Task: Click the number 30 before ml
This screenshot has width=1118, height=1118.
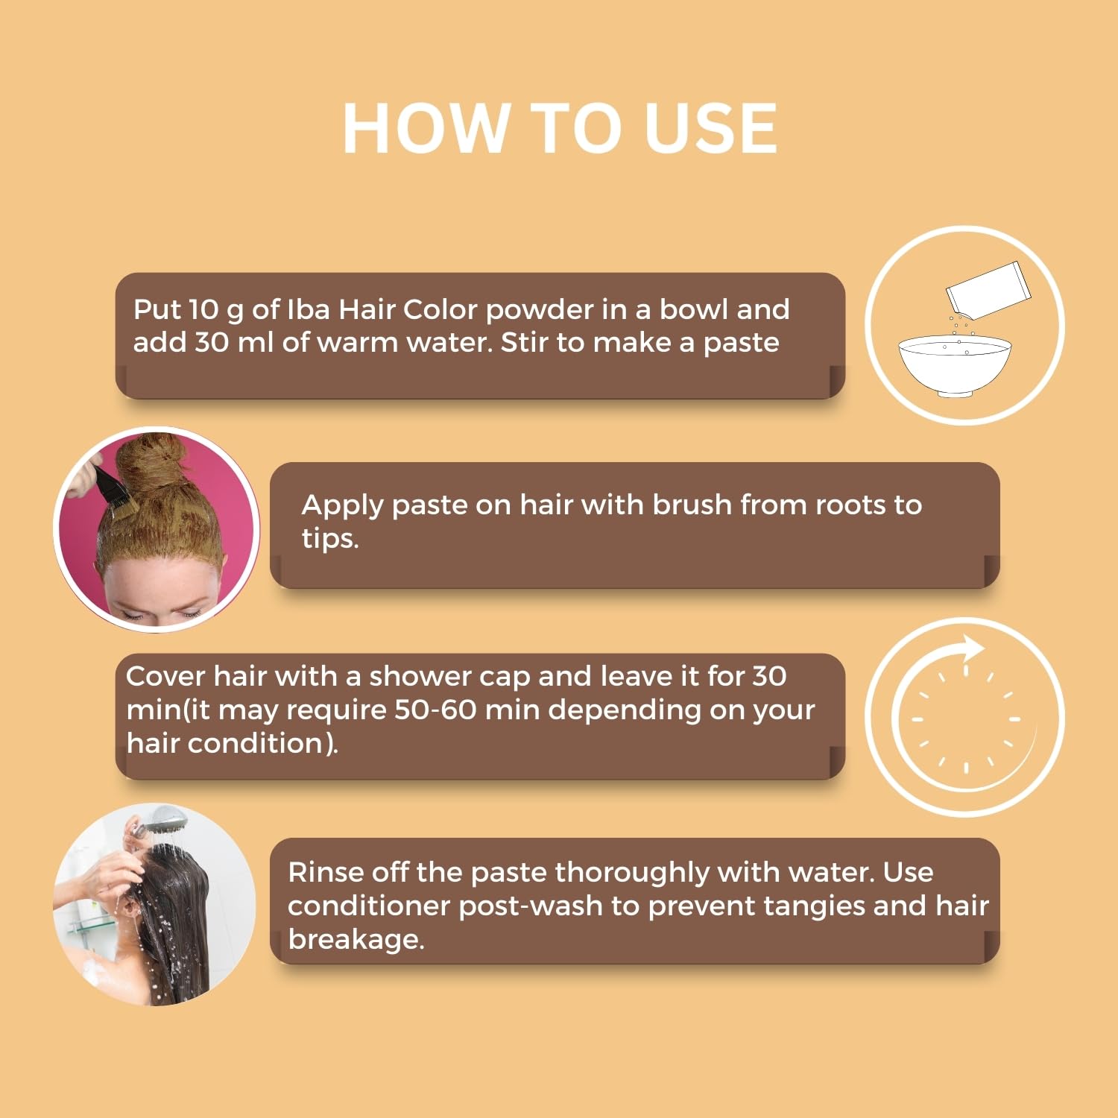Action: coord(211,343)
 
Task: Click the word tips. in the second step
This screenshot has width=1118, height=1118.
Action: coord(330,539)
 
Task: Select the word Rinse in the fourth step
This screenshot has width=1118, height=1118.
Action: coord(325,872)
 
